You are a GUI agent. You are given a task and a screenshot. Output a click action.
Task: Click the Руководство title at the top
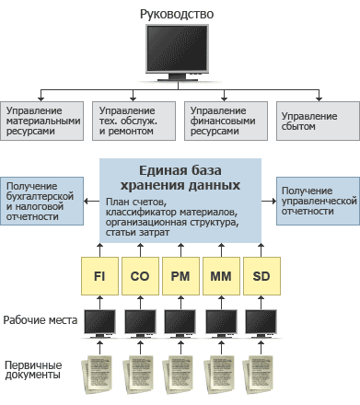tap(177, 15)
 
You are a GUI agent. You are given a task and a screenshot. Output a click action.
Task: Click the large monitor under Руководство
tap(177, 52)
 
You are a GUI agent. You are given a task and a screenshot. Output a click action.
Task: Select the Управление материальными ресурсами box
tap(41, 121)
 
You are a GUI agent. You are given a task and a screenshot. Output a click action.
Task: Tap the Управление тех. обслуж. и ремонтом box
tap(134, 121)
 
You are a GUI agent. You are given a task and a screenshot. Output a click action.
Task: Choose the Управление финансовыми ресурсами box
tap(226, 121)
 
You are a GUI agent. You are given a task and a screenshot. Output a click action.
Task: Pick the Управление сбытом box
tap(318, 121)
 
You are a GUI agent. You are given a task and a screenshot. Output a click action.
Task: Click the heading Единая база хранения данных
tap(180, 178)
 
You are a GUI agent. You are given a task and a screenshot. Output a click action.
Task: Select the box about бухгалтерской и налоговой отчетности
tap(41, 201)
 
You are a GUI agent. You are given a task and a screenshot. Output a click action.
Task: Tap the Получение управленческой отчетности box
tap(318, 201)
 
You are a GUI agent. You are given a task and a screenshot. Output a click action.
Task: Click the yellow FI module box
tap(99, 276)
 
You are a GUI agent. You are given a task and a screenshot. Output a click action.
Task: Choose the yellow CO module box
tap(140, 276)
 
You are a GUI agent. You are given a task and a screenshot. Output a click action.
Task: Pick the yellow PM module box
tap(180, 276)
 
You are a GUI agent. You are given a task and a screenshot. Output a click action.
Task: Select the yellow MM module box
tap(221, 276)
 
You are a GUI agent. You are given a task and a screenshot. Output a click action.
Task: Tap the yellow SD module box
tap(261, 276)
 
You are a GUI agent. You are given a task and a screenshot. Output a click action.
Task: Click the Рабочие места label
tap(41, 320)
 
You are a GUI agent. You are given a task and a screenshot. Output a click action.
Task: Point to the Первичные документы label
tap(33, 370)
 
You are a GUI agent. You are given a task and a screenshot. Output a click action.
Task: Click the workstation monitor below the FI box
tap(99, 324)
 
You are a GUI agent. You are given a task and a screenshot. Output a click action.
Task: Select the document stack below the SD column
tap(258, 375)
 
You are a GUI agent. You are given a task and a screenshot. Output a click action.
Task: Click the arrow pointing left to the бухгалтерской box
tap(91, 202)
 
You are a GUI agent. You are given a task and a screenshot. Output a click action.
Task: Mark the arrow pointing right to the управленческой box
tap(269, 202)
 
